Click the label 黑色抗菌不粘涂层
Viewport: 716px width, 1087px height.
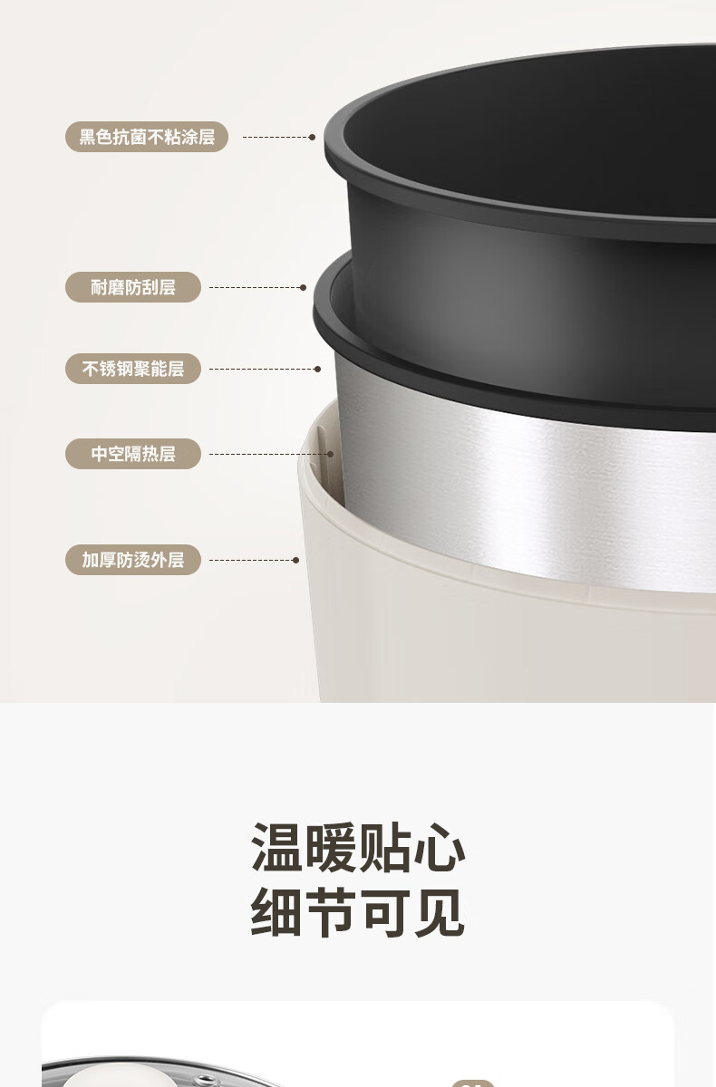click(x=147, y=137)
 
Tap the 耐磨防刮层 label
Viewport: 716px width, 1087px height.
click(x=133, y=287)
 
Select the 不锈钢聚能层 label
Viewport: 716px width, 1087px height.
click(x=133, y=369)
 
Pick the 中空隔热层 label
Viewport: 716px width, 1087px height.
click(x=133, y=454)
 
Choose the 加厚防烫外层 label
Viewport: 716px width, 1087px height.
click(x=133, y=560)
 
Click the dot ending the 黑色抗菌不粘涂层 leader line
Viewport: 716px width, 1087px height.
click(x=312, y=138)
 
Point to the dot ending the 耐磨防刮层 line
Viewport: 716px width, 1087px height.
click(x=304, y=288)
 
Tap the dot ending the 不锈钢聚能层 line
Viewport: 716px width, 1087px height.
click(x=317, y=370)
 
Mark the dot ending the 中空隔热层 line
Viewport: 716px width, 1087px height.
click(x=331, y=454)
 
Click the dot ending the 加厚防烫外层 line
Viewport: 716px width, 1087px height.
click(x=296, y=561)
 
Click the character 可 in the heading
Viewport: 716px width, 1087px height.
click(x=386, y=912)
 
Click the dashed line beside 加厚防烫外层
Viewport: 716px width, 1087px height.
click(x=251, y=561)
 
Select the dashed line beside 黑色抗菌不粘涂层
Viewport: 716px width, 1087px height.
click(x=276, y=138)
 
